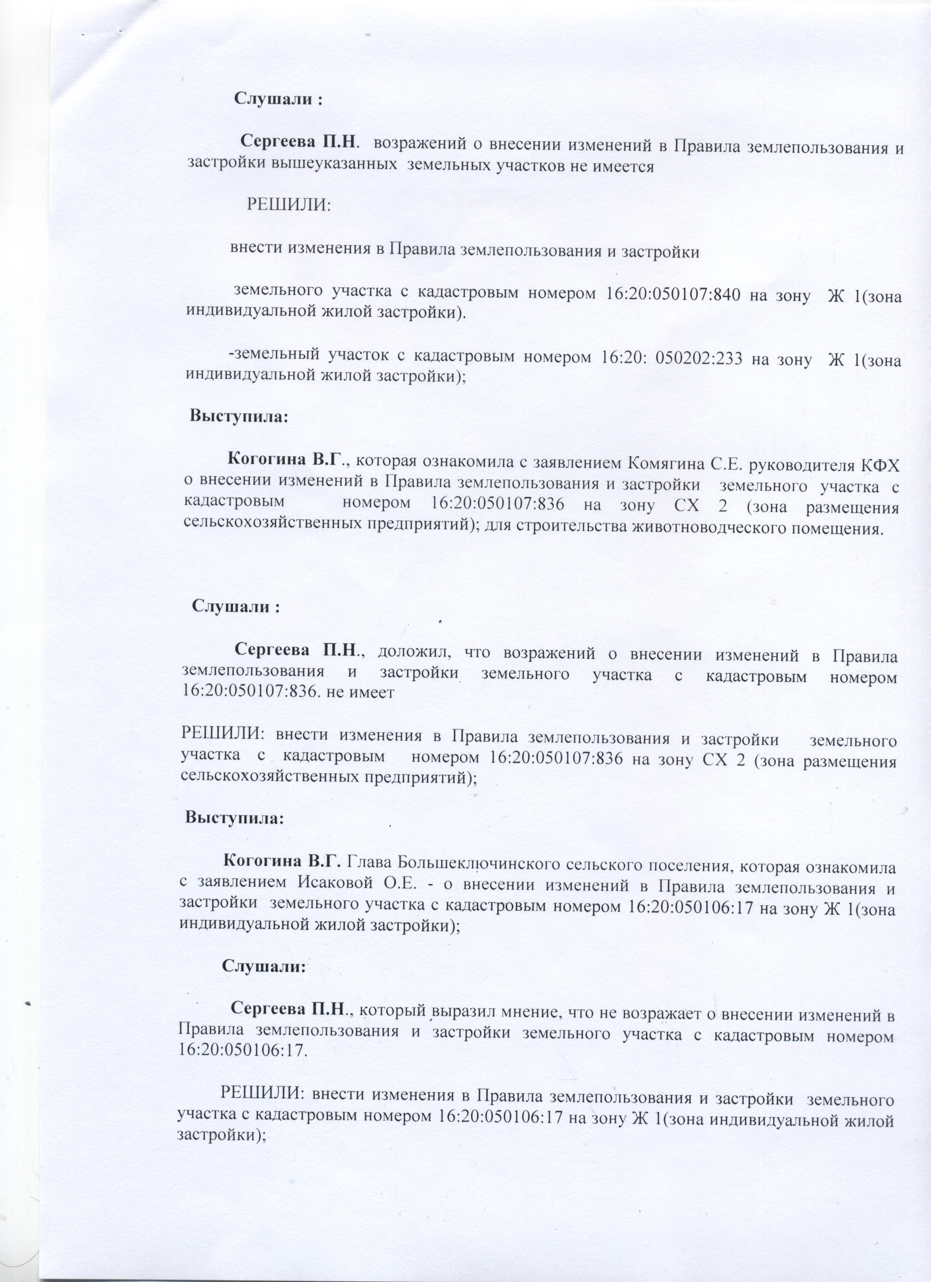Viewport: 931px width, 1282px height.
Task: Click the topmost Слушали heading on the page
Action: coord(278,100)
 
